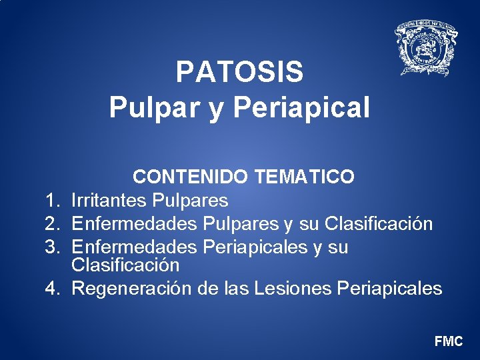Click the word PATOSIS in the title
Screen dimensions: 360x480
coord(239,73)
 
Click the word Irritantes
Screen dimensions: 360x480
coord(109,200)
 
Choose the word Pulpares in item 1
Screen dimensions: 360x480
coord(190,200)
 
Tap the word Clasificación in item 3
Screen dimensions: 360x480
coord(125,265)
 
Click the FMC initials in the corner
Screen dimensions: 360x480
coord(448,341)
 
